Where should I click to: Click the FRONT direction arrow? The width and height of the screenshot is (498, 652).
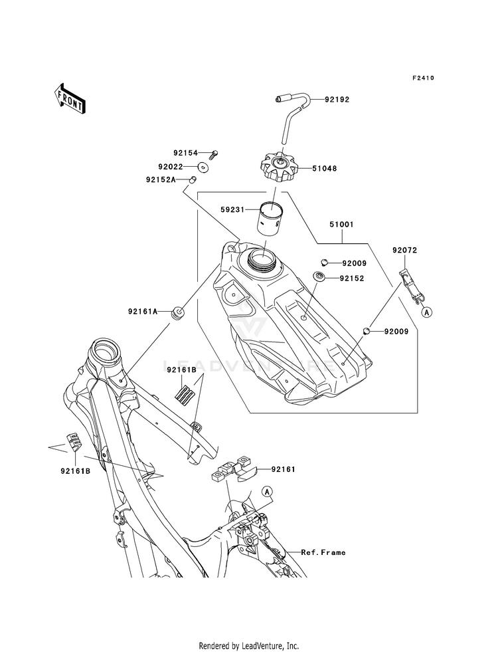[70, 98]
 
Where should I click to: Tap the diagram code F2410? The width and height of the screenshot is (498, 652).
[423, 78]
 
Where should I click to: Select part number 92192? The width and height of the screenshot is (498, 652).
[337, 100]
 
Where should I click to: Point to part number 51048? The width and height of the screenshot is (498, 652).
[325, 168]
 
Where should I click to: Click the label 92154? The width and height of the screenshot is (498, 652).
[186, 153]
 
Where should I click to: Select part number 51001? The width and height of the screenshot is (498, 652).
[341, 225]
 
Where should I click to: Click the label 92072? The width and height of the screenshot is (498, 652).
[405, 251]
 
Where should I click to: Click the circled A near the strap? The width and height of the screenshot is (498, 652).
[426, 312]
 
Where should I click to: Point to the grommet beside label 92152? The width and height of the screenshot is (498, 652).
[319, 276]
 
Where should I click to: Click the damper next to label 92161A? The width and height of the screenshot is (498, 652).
[178, 312]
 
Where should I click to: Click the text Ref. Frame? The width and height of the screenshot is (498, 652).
[323, 552]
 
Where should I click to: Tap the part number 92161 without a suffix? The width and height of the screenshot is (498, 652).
[284, 469]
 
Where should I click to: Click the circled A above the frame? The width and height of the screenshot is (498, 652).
[267, 492]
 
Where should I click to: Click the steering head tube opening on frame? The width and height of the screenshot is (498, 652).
[107, 350]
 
